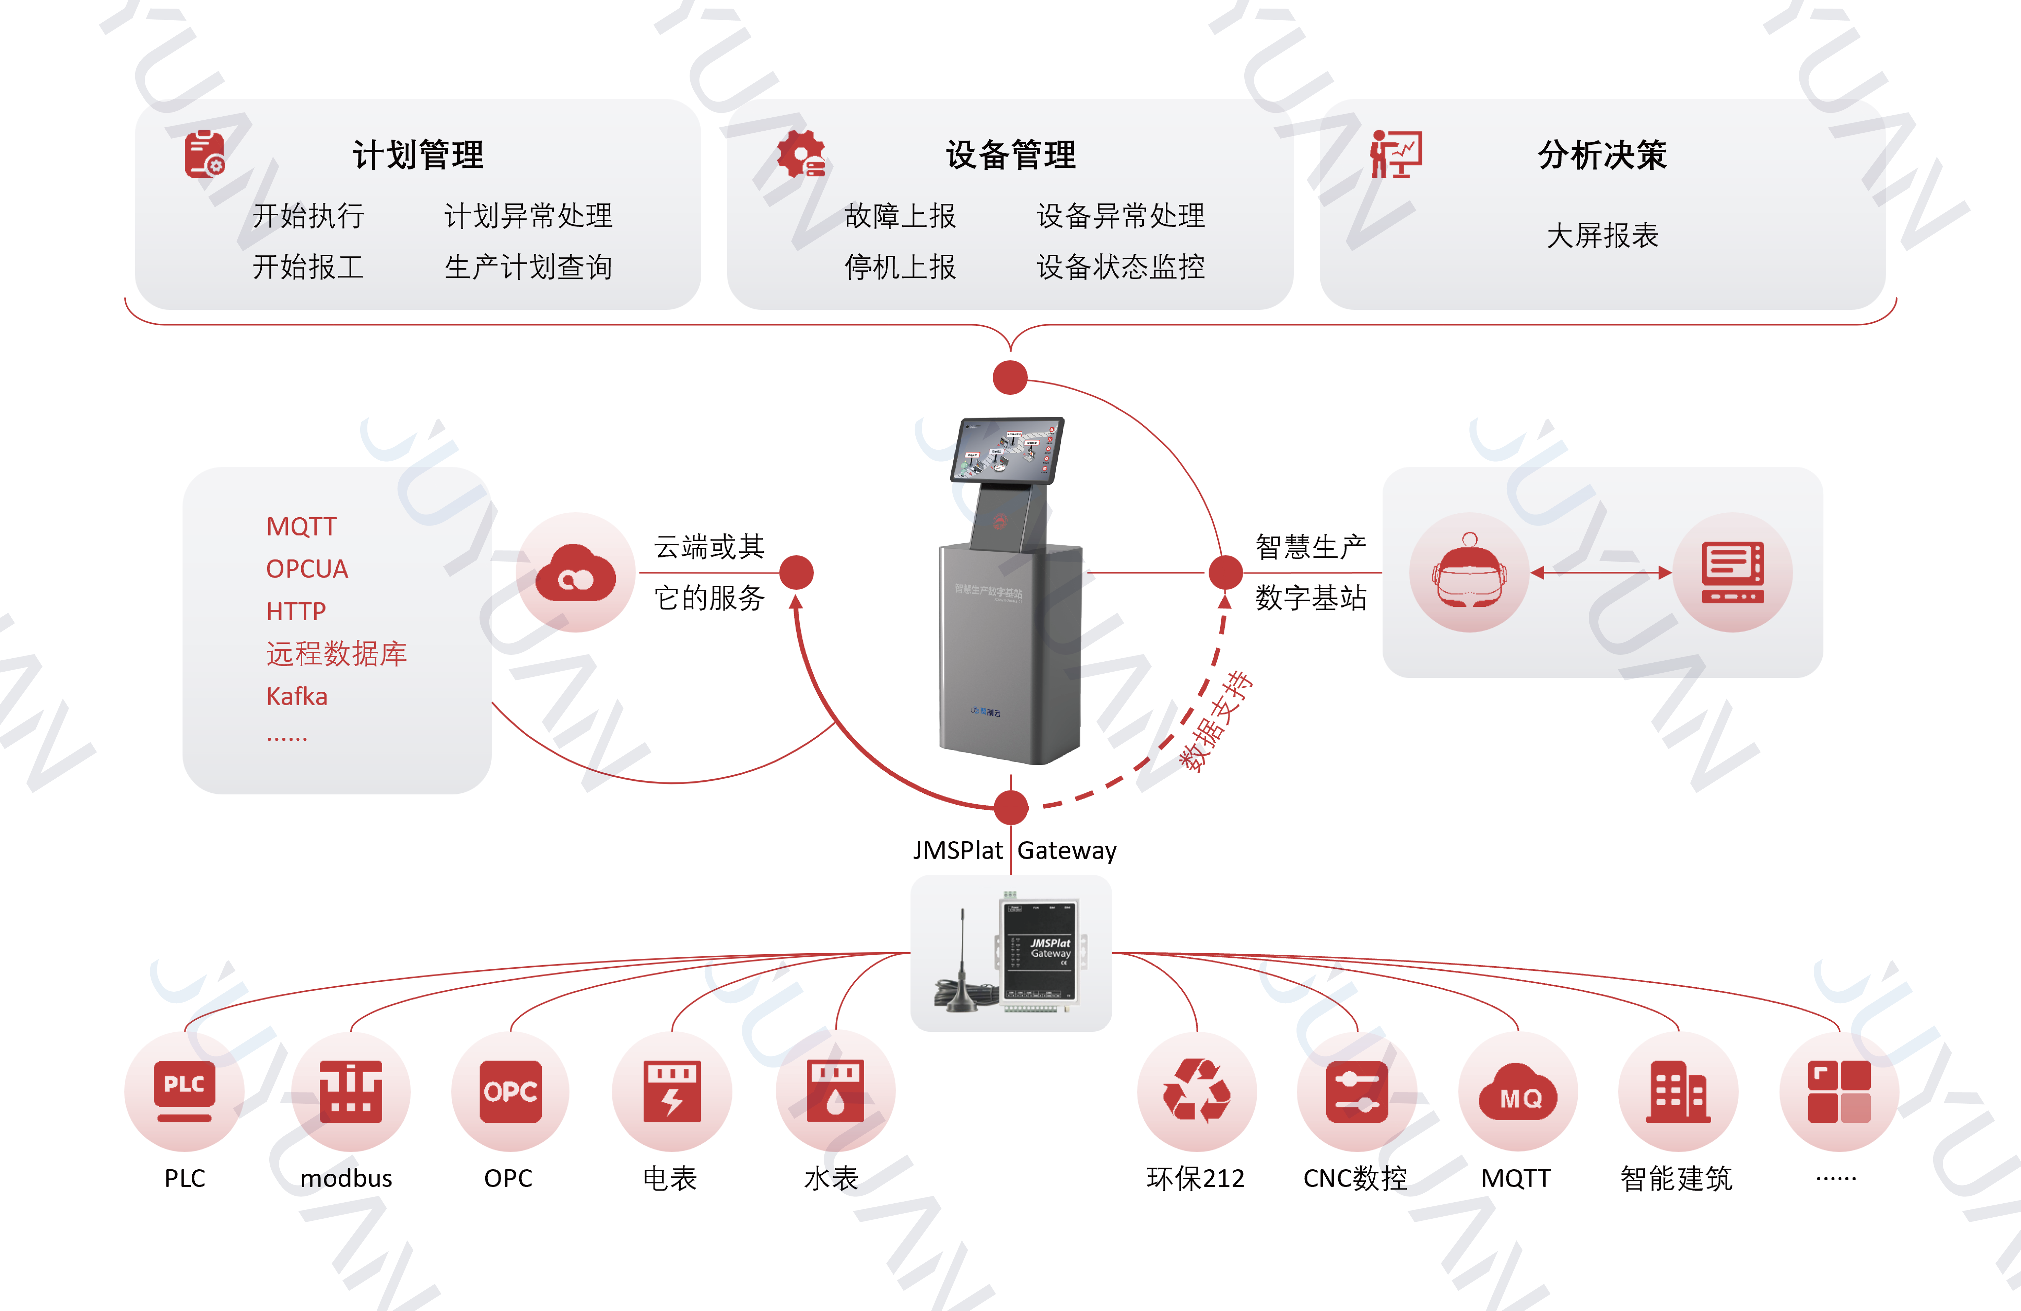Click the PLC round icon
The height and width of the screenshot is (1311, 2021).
(x=184, y=1091)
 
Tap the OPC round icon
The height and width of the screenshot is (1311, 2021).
(x=509, y=1091)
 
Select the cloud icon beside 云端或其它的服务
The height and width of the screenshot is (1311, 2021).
(x=576, y=572)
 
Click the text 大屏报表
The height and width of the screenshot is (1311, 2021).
(x=1602, y=235)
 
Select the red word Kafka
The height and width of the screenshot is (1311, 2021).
(x=296, y=696)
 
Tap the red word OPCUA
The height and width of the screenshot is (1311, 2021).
(x=307, y=569)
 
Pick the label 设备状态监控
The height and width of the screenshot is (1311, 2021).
(x=1121, y=267)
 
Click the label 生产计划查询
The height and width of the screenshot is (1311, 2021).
(x=528, y=267)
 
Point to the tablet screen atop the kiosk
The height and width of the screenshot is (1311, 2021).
(x=1007, y=450)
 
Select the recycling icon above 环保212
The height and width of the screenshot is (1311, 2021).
(x=1197, y=1091)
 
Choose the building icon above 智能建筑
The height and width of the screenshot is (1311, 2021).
(x=1678, y=1091)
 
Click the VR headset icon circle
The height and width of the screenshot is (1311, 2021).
(x=1470, y=572)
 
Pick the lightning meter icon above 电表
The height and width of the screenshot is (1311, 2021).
(x=672, y=1091)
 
